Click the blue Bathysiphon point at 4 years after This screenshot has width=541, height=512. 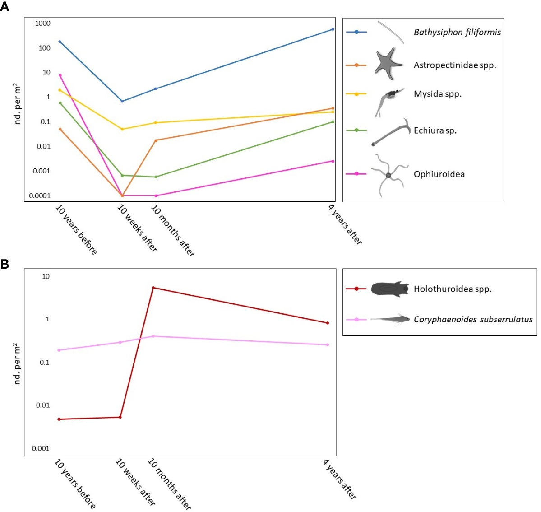(333, 29)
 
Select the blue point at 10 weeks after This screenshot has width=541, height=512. (122, 101)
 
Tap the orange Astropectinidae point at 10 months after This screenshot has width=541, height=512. (156, 140)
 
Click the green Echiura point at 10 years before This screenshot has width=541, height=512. (60, 103)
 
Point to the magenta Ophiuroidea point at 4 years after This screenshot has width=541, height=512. (333, 161)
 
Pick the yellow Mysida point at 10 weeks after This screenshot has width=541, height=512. (122, 129)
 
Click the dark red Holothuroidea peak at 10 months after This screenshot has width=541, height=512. (153, 288)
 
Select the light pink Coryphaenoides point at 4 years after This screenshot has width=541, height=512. (328, 345)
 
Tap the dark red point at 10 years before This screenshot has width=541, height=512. (59, 419)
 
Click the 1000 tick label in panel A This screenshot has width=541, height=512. (43, 23)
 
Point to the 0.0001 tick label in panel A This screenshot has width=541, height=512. (40, 196)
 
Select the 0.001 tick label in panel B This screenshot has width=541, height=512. (41, 448)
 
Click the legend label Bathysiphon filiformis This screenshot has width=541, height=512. (457, 32)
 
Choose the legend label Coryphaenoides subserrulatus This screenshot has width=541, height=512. (473, 320)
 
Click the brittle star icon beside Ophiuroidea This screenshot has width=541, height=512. (388, 175)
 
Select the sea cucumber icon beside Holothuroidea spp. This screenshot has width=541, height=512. (389, 289)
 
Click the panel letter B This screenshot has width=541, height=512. (5, 264)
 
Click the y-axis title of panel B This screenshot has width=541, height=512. (17, 365)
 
